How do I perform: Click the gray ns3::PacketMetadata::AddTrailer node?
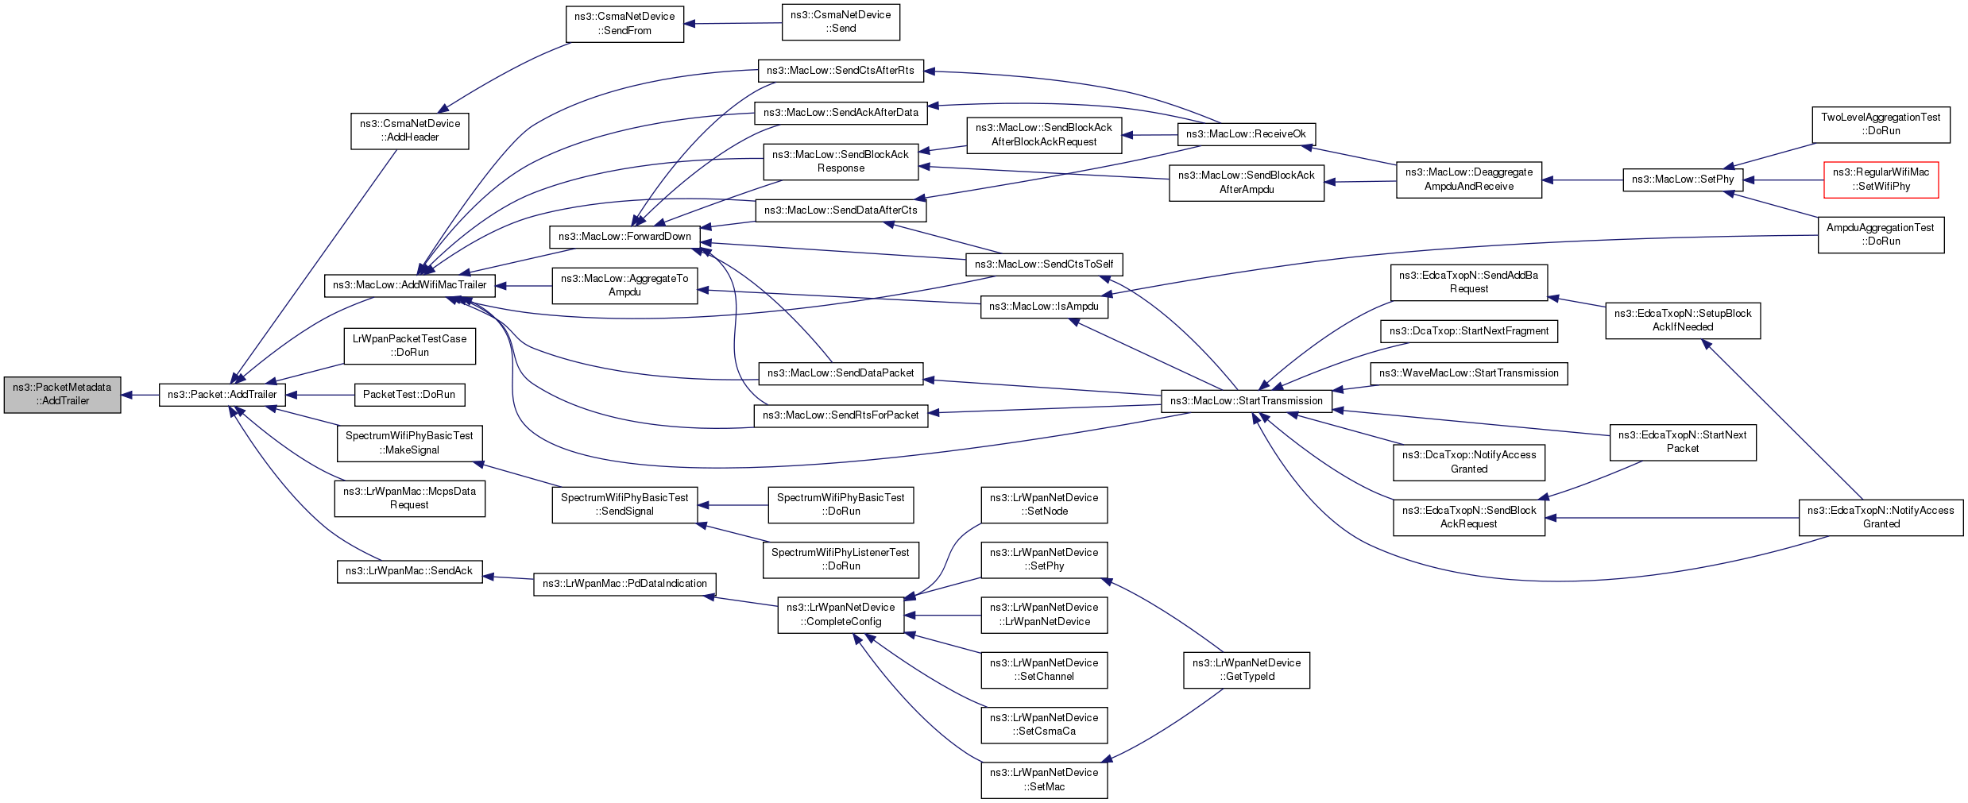(63, 395)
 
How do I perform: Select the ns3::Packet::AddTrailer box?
(222, 395)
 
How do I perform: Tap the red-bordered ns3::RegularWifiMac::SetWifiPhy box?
(1881, 180)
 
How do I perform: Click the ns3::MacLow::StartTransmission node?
(1247, 401)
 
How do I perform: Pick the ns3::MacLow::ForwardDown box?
(625, 237)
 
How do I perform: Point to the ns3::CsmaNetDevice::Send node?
(841, 21)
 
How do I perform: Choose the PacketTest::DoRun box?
(409, 395)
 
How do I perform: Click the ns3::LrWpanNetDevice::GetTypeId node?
(1247, 670)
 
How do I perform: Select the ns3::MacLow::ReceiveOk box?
(1247, 134)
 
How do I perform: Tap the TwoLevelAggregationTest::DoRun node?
(1881, 125)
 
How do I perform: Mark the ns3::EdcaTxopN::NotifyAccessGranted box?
(1881, 517)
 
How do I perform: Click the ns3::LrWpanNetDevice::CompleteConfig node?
(841, 615)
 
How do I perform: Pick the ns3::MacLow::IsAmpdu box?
(1044, 307)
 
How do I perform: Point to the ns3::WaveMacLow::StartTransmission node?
(1469, 373)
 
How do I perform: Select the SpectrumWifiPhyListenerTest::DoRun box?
(841, 559)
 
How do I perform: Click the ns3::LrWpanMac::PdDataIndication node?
(625, 584)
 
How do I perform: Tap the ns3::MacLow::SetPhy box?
(1683, 180)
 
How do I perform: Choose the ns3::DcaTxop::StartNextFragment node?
(1469, 331)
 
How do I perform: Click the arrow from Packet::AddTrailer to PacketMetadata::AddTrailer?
(140, 395)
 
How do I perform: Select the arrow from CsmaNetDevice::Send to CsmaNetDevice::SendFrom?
(733, 23)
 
